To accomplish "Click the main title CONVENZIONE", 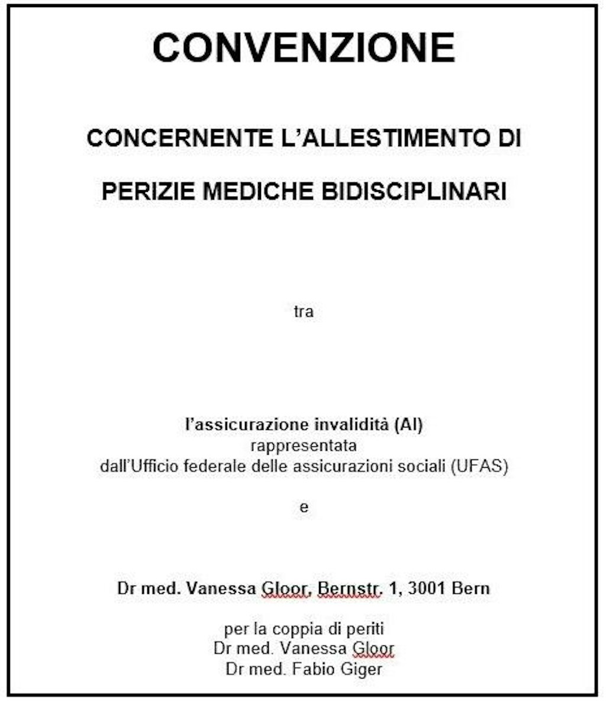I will click(x=304, y=47).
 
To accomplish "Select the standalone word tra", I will click(x=304, y=311).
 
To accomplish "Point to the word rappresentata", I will click(x=304, y=445).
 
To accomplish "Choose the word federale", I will click(x=217, y=466).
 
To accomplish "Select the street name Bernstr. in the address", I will click(x=349, y=589).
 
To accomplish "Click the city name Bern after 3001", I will click(x=471, y=589).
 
